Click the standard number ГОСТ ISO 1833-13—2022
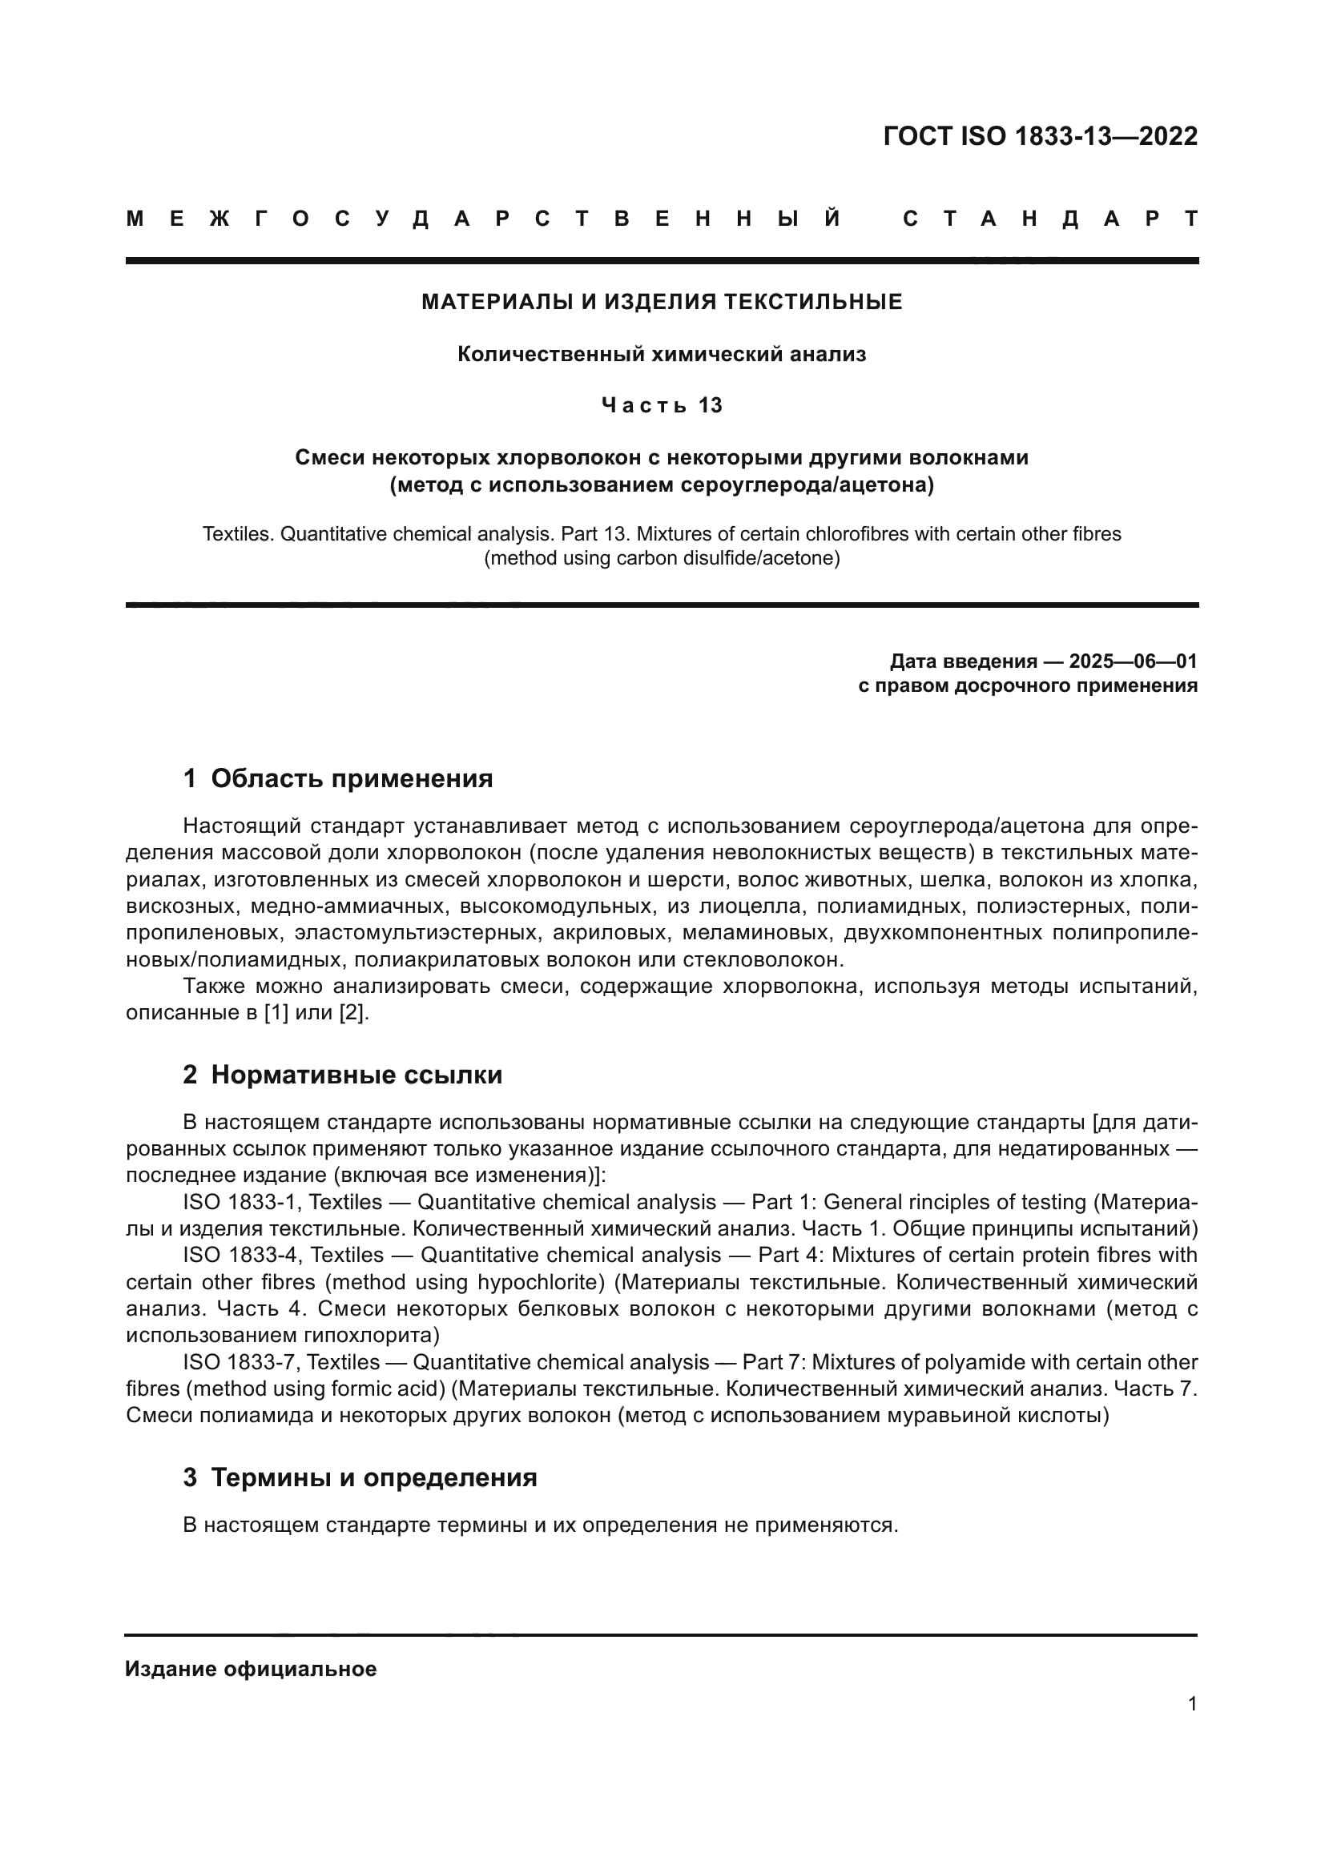pos(1041,136)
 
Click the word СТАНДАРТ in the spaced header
pos(1050,219)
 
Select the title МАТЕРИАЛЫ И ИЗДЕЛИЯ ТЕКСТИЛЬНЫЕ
pos(662,302)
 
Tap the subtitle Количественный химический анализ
pos(662,354)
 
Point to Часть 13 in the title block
pos(662,405)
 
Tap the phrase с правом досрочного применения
pos(1028,685)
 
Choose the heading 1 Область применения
pos(338,778)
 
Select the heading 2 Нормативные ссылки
pos(343,1075)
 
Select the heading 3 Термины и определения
pos(360,1477)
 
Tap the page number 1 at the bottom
pos(1192,1704)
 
